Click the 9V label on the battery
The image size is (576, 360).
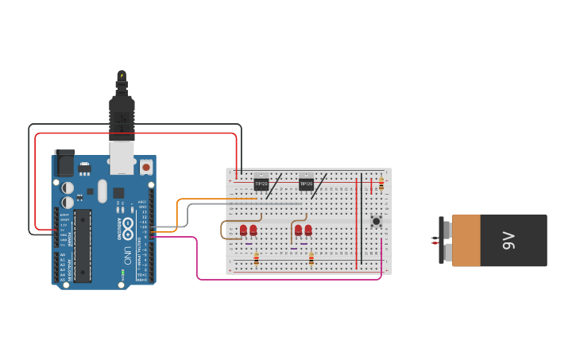tap(508, 241)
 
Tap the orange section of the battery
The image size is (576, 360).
tap(466, 241)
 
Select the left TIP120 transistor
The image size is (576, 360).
tap(261, 183)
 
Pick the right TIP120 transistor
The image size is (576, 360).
tap(306, 183)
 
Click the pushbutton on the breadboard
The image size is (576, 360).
tap(377, 221)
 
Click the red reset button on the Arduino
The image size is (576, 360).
tap(146, 168)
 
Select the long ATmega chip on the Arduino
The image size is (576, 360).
tap(82, 246)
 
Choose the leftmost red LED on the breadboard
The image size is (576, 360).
tap(244, 230)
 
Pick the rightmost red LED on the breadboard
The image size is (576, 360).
tap(308, 230)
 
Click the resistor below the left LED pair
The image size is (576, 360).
tap(256, 257)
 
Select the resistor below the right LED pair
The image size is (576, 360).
tap(311, 257)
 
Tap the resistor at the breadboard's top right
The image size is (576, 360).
tap(381, 184)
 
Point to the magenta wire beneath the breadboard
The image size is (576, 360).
tap(286, 279)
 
